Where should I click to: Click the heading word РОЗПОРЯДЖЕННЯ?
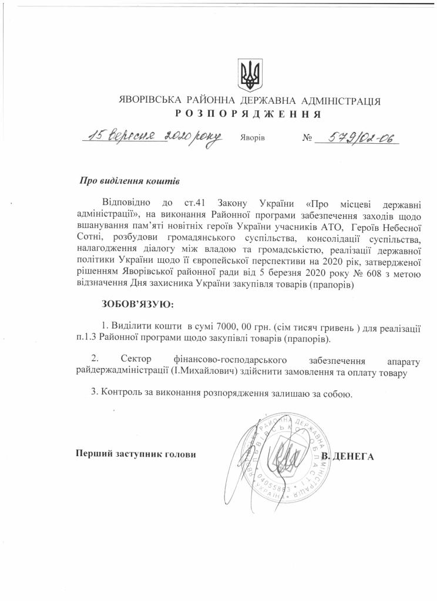[247, 113]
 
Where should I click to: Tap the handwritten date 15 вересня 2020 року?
[152, 136]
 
